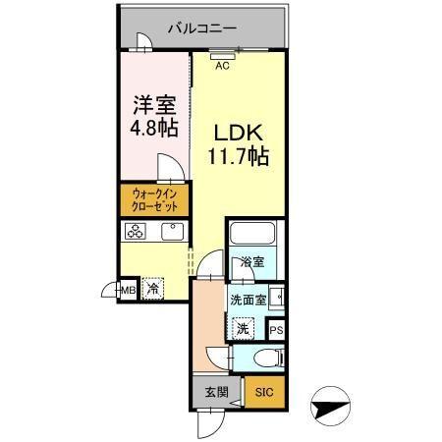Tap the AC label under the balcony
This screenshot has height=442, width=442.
point(222,66)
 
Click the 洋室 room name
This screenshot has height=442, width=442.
point(153,103)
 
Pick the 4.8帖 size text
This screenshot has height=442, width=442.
point(153,127)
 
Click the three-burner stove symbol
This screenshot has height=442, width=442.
point(135,232)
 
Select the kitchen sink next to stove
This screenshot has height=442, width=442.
point(170,232)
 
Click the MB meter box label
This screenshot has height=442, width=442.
point(127,289)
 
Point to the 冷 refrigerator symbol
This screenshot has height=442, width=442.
point(152,289)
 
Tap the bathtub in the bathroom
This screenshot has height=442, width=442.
point(252,237)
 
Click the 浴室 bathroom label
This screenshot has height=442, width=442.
point(252,262)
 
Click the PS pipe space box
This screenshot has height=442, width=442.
point(276,331)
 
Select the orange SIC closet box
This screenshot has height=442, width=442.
point(263,391)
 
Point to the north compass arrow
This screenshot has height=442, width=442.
point(329,406)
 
